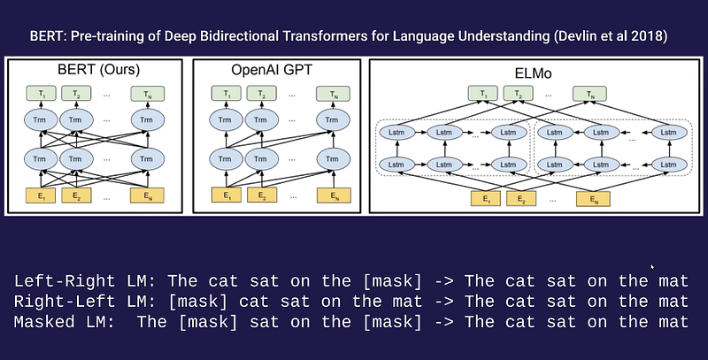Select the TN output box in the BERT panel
point(142,93)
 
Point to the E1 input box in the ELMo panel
point(482,200)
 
